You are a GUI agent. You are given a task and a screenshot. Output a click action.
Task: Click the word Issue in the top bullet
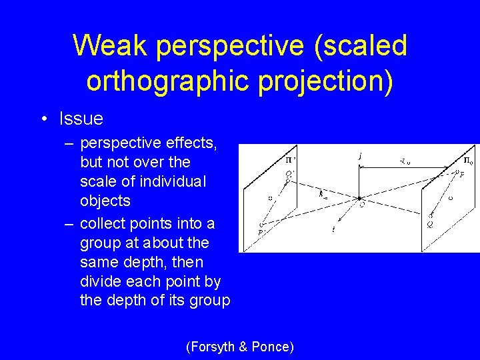point(81,119)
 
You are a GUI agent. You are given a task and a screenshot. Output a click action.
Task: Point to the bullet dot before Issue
point(43,119)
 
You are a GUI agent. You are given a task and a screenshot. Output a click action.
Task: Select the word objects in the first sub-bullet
point(105,201)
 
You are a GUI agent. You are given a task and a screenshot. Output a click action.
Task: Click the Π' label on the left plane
point(291,160)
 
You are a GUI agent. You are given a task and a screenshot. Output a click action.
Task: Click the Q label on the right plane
point(431,225)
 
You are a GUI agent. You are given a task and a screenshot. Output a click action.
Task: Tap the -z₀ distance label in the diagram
point(405,161)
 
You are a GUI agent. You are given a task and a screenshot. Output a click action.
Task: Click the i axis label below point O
point(333,229)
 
